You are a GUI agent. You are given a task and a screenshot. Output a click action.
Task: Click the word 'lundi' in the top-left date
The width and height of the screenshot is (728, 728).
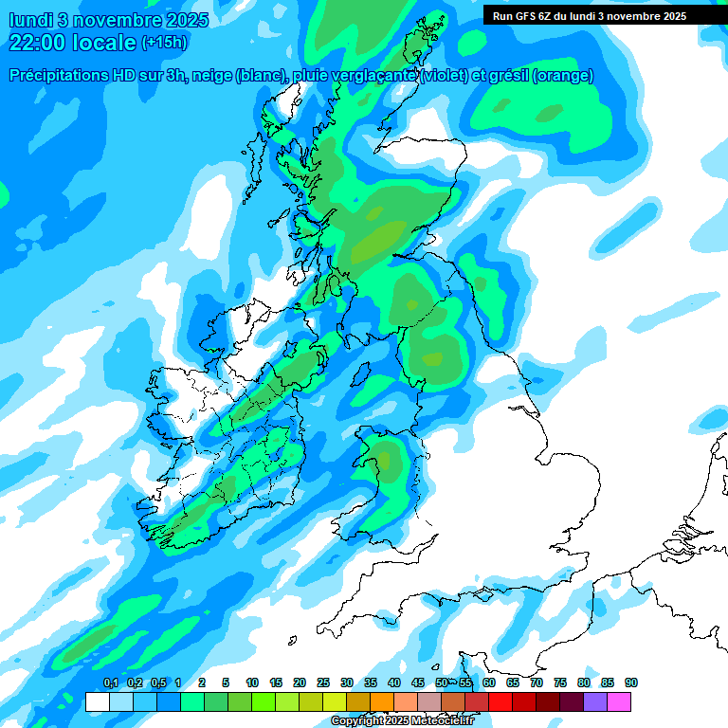(31, 20)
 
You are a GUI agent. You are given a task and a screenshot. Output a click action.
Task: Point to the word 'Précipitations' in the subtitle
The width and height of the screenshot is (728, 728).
(60, 76)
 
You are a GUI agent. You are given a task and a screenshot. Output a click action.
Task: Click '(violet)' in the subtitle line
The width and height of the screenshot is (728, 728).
(446, 76)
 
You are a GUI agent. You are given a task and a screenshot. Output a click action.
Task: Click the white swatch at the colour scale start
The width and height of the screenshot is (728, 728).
(98, 701)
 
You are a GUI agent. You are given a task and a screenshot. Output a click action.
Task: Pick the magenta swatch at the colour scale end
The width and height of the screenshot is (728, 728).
(619, 701)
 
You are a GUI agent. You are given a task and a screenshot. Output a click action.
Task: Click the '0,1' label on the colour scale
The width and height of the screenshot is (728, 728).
(110, 683)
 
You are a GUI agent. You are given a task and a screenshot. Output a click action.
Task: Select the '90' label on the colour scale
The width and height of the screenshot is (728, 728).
(631, 683)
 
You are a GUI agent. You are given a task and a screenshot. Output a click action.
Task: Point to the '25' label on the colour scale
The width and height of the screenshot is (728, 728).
(323, 683)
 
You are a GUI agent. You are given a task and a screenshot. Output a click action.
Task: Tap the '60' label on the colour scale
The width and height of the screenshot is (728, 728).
(489, 683)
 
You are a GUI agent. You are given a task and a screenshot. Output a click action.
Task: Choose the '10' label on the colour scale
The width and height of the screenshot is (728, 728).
(252, 683)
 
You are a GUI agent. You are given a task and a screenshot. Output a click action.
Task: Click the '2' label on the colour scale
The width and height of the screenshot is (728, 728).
(203, 683)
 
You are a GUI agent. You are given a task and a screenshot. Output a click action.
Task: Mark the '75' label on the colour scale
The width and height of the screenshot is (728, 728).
(560, 683)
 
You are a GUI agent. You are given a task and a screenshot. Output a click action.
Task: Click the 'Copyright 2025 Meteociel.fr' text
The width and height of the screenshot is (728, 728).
(402, 720)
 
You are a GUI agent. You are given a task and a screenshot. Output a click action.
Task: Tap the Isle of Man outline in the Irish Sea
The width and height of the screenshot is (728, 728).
(361, 373)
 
